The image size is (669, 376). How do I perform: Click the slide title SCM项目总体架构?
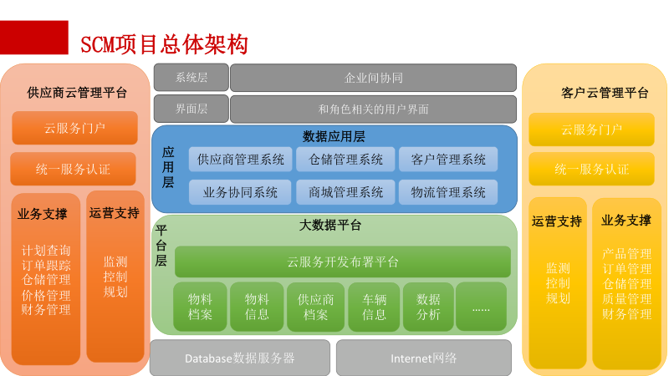coord(164,43)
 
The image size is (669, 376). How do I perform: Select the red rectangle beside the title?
coord(34,38)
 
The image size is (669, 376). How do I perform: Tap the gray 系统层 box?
coord(191,78)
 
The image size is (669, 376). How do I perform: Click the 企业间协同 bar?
coord(373,78)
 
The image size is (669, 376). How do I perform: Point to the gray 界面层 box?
coord(191,109)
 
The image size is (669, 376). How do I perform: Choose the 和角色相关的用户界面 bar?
coord(373,109)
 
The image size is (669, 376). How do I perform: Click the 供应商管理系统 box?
coord(241,159)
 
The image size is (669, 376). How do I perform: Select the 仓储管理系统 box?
coord(345,159)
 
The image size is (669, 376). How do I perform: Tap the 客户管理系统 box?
coord(448,159)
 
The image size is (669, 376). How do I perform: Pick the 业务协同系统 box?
coord(241,192)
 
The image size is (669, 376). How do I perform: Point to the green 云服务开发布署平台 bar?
coord(342,262)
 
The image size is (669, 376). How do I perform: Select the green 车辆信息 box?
coord(374,307)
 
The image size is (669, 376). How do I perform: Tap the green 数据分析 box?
coord(428,307)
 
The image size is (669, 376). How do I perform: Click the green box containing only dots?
coord(481,307)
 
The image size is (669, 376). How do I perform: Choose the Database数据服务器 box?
coord(240,358)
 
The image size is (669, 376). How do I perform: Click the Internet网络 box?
coord(423,358)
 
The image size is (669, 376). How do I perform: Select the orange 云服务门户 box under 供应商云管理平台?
coord(74,129)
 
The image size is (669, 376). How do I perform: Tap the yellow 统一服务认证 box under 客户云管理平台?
coord(591,169)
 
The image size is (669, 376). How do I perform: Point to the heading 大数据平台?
coord(330,225)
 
